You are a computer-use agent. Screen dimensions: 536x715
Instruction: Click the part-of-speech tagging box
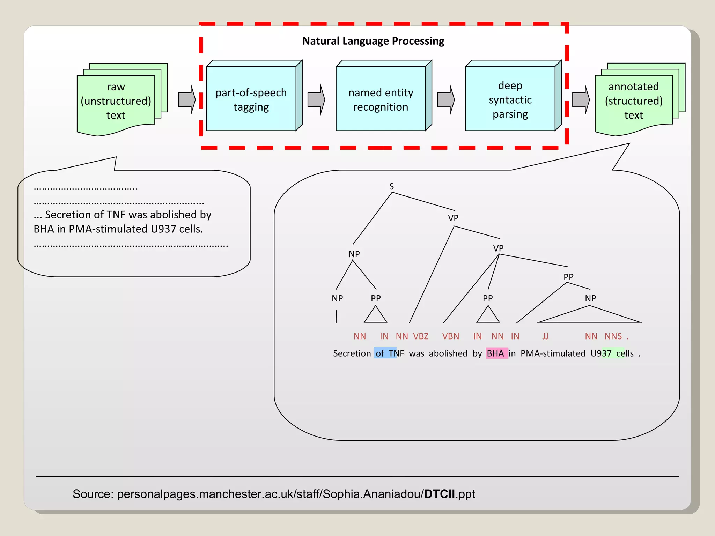tap(251, 99)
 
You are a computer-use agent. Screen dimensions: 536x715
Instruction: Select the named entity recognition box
tap(381, 99)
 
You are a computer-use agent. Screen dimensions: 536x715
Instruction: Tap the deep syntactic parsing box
tap(510, 99)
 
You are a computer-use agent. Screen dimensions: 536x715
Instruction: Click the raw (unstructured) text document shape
tap(116, 101)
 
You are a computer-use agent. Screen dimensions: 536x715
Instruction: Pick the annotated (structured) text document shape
tap(634, 101)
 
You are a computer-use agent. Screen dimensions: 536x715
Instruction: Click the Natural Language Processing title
tap(373, 41)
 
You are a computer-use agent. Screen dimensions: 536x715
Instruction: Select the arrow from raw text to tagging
tap(186, 99)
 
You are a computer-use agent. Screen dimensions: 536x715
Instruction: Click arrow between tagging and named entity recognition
tap(316, 99)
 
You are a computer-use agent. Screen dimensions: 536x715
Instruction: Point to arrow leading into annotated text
tap(581, 99)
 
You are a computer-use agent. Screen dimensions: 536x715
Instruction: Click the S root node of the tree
tap(391, 187)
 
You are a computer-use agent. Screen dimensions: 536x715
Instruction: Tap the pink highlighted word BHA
tap(495, 353)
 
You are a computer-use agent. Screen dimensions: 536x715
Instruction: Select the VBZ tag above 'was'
tap(421, 336)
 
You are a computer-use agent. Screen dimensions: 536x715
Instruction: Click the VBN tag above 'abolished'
tap(450, 336)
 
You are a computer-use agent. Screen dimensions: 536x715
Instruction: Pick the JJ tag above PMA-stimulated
tap(545, 336)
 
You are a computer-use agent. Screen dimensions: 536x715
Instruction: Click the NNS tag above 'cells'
tap(613, 336)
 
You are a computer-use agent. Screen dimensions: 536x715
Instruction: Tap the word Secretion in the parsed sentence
tap(352, 353)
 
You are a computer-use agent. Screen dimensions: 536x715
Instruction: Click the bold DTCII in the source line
tap(439, 494)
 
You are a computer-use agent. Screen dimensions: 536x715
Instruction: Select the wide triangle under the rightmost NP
tap(589, 316)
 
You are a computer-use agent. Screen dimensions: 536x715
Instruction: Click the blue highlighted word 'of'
tap(380, 353)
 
